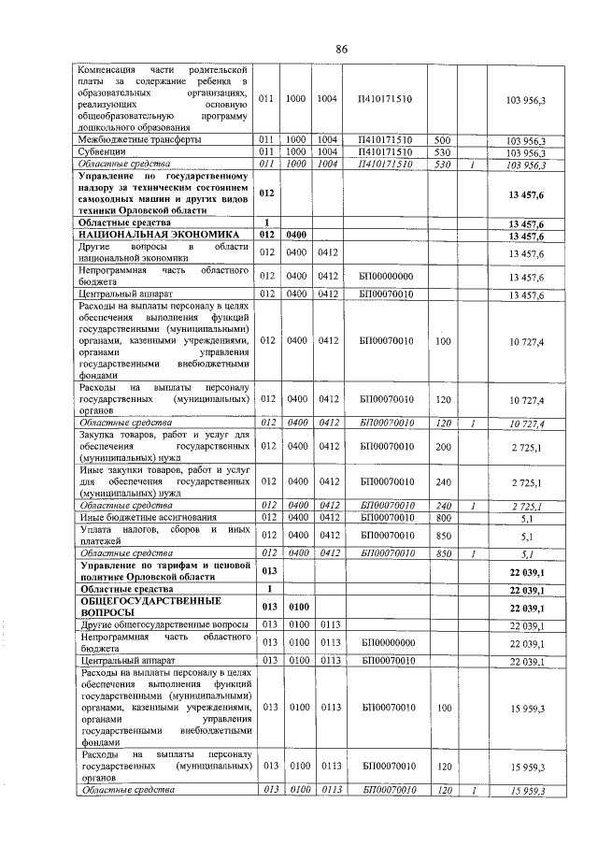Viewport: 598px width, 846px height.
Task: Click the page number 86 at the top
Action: coord(342,49)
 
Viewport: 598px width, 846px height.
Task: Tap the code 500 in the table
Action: coord(443,140)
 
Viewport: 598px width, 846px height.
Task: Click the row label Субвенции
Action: coord(102,151)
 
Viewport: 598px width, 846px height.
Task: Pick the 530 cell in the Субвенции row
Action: coord(443,151)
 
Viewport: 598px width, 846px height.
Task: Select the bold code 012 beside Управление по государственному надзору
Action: coord(267,193)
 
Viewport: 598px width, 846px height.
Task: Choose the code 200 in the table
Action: coord(443,447)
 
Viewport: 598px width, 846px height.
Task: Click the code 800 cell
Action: coord(443,517)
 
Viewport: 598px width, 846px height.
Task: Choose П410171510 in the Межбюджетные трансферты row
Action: coord(385,140)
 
